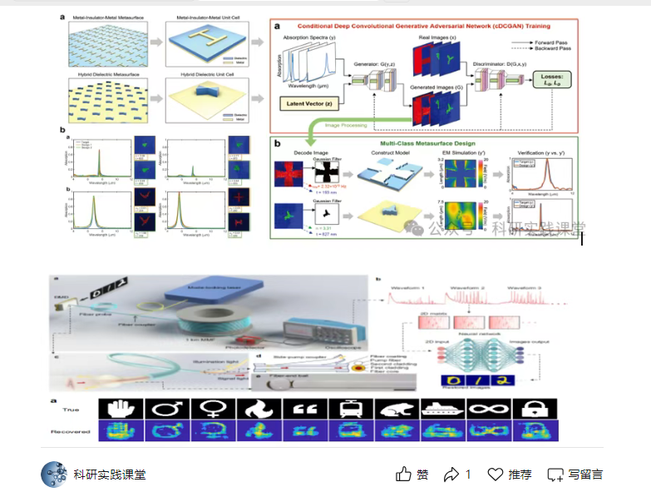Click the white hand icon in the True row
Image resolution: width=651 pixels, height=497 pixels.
coord(121,409)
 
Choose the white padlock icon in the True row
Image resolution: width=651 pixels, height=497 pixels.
coord(535,409)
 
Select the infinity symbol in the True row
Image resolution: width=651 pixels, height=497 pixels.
coord(489,409)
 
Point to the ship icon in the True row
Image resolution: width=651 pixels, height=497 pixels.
coord(442,409)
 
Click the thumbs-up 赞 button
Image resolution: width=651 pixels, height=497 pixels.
coord(412,475)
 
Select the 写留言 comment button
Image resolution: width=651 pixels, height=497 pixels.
coord(575,475)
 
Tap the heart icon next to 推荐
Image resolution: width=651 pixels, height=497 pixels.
coord(496,475)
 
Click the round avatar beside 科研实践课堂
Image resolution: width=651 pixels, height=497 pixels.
coord(54,475)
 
